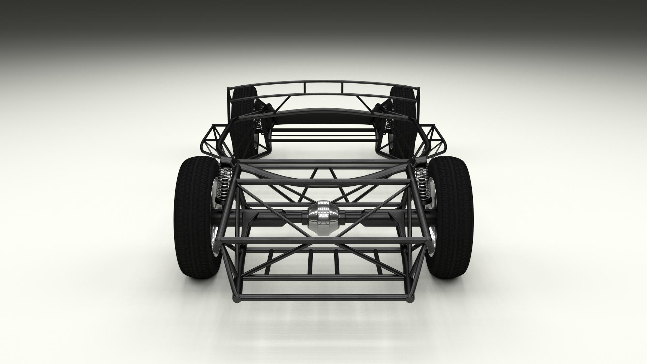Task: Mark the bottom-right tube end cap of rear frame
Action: tap(410, 298)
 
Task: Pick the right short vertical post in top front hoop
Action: tap(343, 88)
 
